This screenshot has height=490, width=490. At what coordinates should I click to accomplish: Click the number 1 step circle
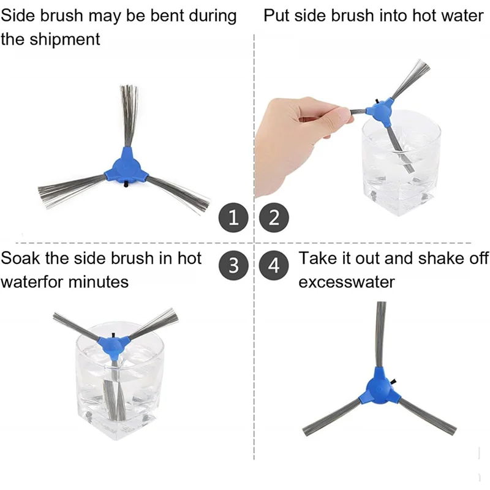click(233, 217)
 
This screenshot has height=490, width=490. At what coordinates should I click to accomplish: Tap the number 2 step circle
click(274, 217)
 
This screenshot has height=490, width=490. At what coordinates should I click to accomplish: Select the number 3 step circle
click(233, 265)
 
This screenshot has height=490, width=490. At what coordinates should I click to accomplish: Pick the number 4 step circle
click(274, 265)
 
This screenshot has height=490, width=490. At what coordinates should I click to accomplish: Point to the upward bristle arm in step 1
click(129, 116)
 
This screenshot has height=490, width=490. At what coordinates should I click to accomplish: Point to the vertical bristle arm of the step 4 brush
click(380, 334)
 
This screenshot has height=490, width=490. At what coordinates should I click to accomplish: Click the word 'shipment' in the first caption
click(65, 40)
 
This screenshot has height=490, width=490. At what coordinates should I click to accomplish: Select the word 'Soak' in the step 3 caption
click(21, 258)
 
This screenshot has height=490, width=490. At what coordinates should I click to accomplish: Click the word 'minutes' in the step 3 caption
click(99, 282)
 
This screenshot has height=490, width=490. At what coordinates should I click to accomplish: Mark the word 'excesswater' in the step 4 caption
click(347, 282)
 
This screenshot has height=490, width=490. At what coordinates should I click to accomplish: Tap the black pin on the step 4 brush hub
click(393, 381)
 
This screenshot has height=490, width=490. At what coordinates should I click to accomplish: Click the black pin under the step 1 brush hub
click(126, 184)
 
